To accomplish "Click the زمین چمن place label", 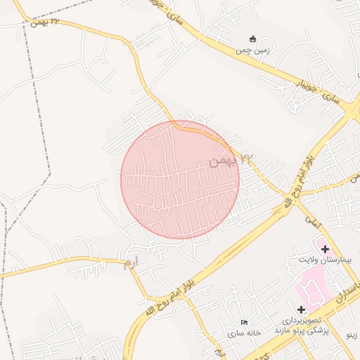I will pos(252,51).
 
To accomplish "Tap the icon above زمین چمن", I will pos(252,39).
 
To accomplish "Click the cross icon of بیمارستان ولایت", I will pos(325,249).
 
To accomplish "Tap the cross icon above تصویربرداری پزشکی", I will pos(301,309).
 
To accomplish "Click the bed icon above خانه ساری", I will pos(244,321).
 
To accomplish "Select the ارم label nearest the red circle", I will pos(131,265).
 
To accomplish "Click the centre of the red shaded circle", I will pos(180,180).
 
